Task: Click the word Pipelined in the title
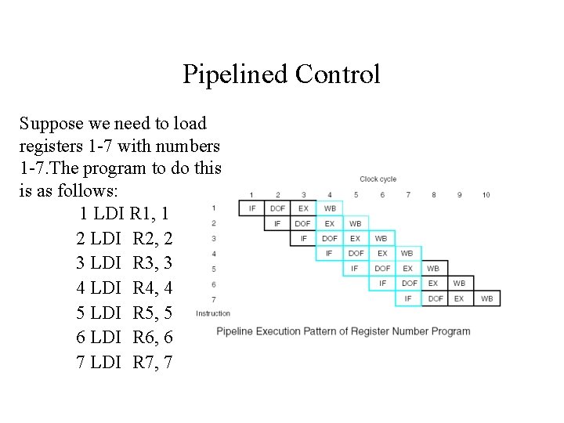(236, 74)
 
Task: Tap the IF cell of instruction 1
(251, 208)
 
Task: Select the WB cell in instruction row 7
(486, 298)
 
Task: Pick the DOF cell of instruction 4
(356, 253)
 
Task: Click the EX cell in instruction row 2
(330, 223)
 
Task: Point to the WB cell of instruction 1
(330, 208)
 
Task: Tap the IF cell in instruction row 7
(408, 298)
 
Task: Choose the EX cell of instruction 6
(433, 284)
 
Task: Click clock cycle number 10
(486, 195)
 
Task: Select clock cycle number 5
(356, 195)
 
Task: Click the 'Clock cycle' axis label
(378, 179)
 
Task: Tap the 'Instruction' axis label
(213, 313)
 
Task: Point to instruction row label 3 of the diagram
(214, 238)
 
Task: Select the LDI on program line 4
(106, 287)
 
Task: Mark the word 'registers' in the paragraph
(49, 146)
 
